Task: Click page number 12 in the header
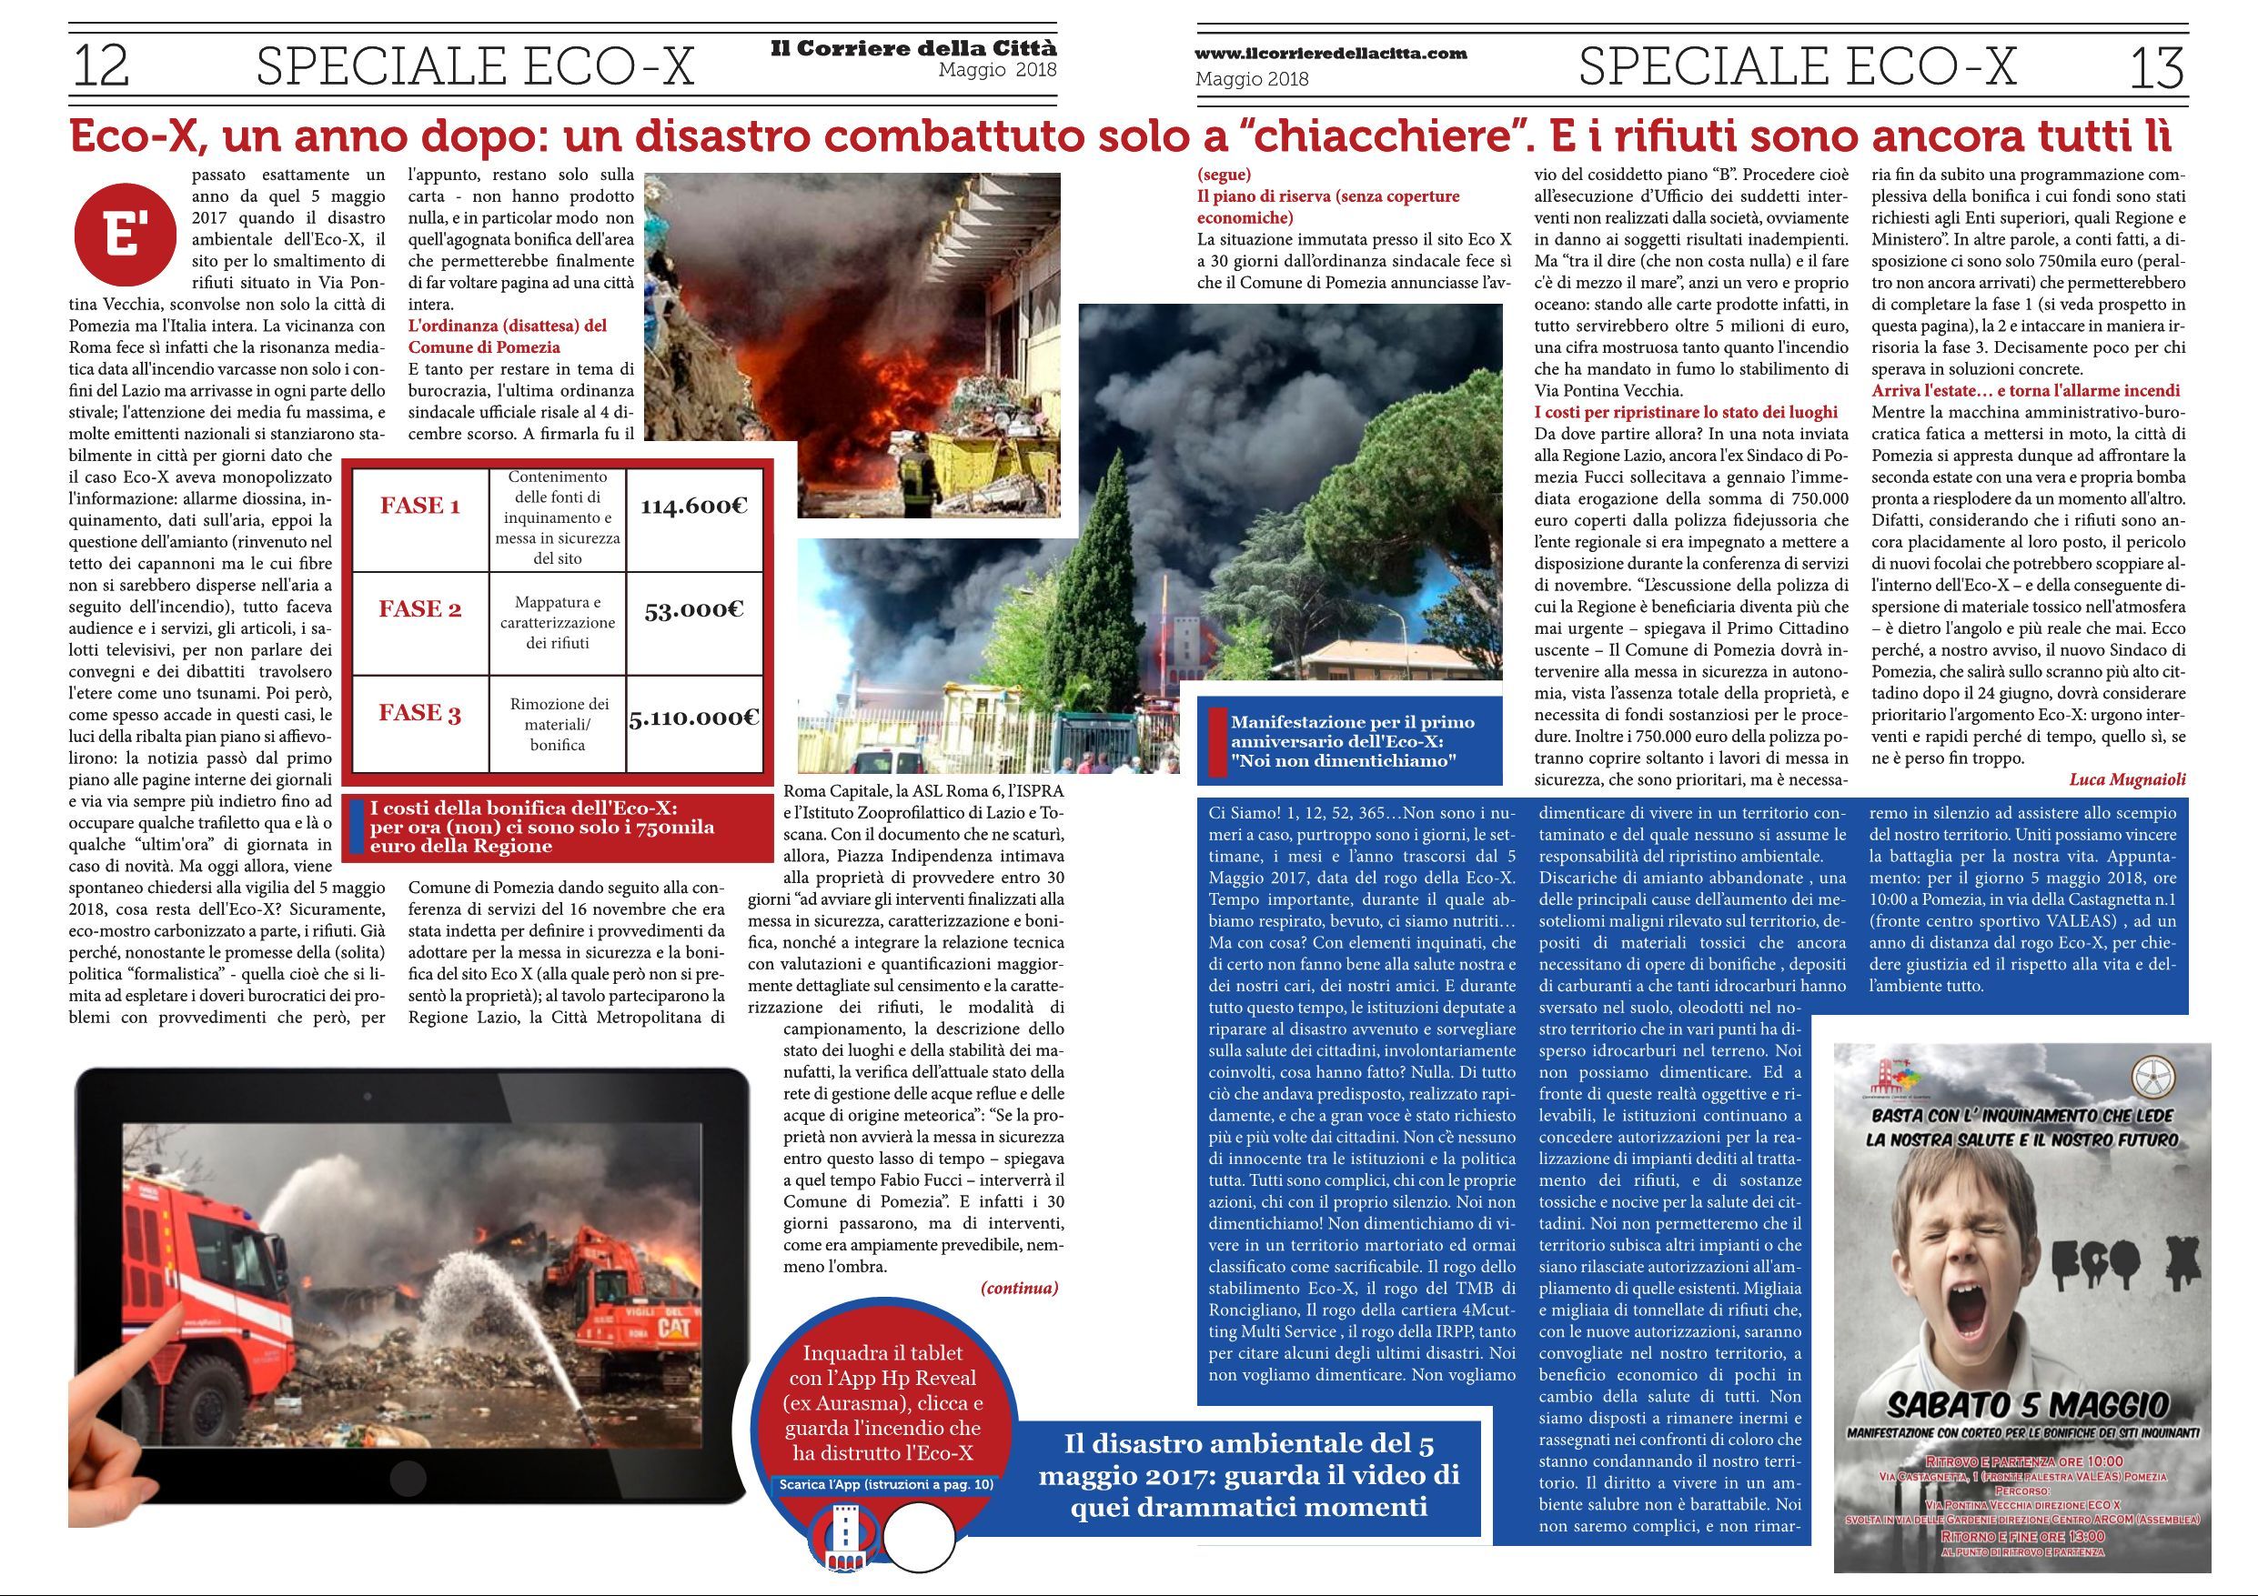click(x=101, y=67)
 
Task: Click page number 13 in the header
click(x=2156, y=68)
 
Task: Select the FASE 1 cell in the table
click(x=420, y=507)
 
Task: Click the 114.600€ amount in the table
click(x=694, y=507)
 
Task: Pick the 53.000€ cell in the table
click(x=694, y=609)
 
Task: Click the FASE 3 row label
click(x=420, y=713)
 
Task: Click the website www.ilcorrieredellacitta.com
click(x=1331, y=54)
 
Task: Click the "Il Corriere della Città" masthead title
click(x=913, y=49)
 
